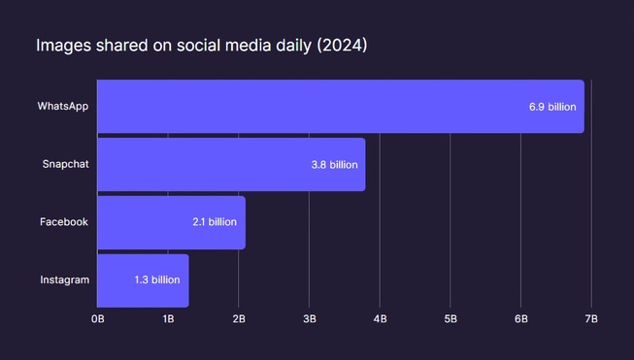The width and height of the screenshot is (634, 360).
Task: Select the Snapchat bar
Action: pyautogui.click(x=231, y=164)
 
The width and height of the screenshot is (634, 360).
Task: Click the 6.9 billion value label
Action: pyautogui.click(x=549, y=107)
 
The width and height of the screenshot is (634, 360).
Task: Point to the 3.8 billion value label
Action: pyautogui.click(x=334, y=165)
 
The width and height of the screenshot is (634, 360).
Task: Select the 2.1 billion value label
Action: pyautogui.click(x=215, y=222)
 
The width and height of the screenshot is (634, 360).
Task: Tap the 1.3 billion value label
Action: pyautogui.click(x=157, y=280)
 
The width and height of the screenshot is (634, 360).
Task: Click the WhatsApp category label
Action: pyautogui.click(x=63, y=106)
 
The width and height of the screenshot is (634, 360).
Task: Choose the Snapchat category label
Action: pyautogui.click(x=65, y=164)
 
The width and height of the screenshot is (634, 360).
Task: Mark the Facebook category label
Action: pyautogui.click(x=64, y=222)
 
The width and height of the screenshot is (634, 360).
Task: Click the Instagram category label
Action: pyautogui.click(x=64, y=280)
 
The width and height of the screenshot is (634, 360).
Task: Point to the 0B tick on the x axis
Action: pyautogui.click(x=98, y=318)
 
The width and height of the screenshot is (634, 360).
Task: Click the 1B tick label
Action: pyautogui.click(x=168, y=318)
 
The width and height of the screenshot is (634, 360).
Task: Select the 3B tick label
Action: pyautogui.click(x=309, y=318)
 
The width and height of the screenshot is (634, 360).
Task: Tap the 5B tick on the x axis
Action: pyautogui.click(x=450, y=318)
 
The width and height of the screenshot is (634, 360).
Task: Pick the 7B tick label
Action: pyautogui.click(x=591, y=318)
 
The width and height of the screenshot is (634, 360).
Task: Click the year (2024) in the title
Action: pyautogui.click(x=342, y=46)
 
